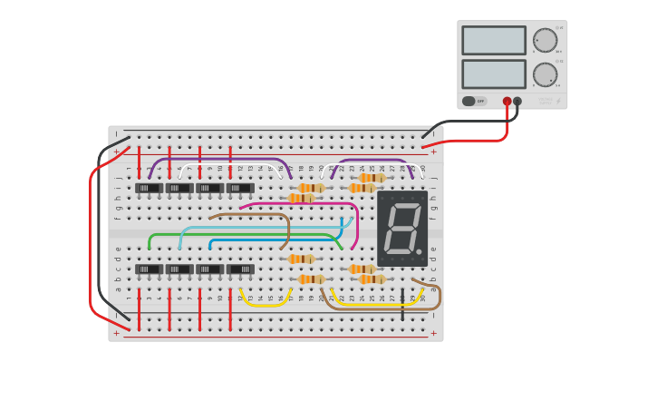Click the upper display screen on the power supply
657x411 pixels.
(493, 40)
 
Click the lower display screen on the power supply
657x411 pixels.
(493, 73)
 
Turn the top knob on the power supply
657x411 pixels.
(545, 40)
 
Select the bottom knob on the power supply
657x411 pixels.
(545, 74)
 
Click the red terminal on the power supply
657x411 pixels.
(507, 102)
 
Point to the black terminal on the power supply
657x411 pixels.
(517, 102)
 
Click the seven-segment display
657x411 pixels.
(402, 228)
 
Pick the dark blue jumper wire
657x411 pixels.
(272, 240)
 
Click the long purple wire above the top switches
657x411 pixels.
(217, 160)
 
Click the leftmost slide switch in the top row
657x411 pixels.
(149, 189)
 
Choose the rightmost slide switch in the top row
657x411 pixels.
(240, 189)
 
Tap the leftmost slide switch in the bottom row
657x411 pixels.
(149, 269)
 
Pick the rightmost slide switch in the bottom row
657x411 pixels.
(240, 269)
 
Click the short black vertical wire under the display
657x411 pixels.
(402, 306)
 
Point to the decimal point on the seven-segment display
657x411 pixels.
(420, 251)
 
